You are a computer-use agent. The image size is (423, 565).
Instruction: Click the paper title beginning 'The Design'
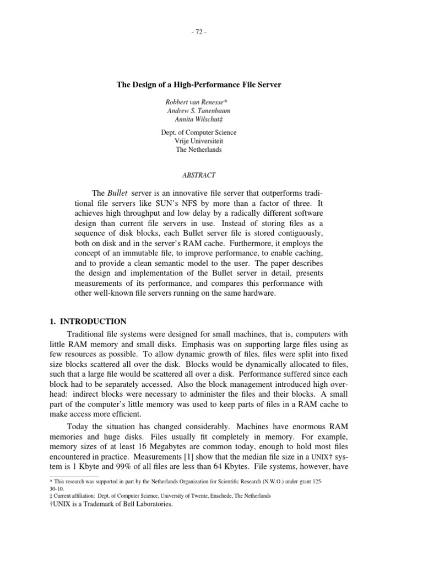pyautogui.click(x=199, y=85)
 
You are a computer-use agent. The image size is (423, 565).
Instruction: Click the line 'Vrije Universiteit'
pyautogui.click(x=199, y=141)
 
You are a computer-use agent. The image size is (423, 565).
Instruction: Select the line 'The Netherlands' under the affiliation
pyautogui.click(x=199, y=150)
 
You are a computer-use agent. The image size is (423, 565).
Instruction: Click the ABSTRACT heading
pyautogui.click(x=199, y=175)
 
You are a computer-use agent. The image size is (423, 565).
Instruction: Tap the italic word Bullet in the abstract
pyautogui.click(x=117, y=193)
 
